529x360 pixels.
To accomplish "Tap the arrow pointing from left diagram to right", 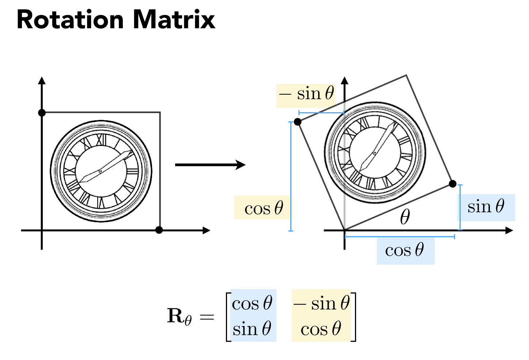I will [210, 165].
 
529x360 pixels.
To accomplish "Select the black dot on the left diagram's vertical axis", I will [42, 113].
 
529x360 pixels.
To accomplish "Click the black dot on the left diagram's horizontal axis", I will [159, 230].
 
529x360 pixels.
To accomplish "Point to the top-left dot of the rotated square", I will [298, 122].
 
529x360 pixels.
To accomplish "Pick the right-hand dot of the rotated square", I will [453, 183].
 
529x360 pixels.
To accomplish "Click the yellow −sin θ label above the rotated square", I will [306, 94].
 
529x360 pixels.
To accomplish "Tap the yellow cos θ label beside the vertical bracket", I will [264, 208].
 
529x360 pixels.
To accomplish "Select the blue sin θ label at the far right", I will [486, 206].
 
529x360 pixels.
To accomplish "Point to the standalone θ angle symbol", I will [405, 217].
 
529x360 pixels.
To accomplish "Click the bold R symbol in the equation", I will [175, 315].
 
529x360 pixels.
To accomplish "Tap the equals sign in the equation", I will [207, 317].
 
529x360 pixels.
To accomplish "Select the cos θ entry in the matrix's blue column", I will [252, 303].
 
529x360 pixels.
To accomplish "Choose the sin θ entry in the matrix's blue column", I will [252, 329].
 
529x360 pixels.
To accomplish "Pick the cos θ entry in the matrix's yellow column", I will [321, 329].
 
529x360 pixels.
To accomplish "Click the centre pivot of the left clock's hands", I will [101, 171].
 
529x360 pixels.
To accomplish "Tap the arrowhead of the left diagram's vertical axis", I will [42, 81].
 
